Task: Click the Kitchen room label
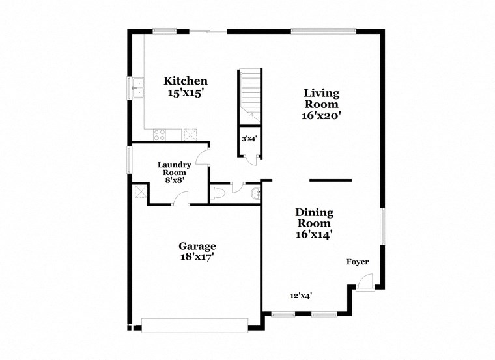[x=186, y=81]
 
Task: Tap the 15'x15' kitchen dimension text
[x=186, y=93]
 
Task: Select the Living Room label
[x=322, y=98]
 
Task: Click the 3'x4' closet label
[x=249, y=139]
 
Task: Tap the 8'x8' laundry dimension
[x=174, y=181]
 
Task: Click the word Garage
[x=197, y=246]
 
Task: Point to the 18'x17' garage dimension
[x=197, y=257]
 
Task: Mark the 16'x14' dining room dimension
[x=314, y=235]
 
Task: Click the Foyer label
[x=357, y=262]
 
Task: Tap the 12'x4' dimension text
[x=301, y=296]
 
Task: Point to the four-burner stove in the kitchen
[x=159, y=135]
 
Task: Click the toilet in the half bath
[x=218, y=193]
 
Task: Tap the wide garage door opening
[x=195, y=324]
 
